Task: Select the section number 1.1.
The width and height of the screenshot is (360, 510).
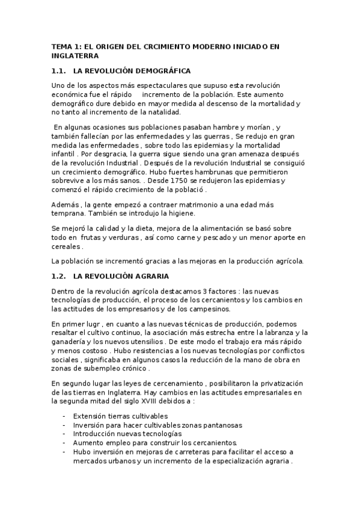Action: click(60, 71)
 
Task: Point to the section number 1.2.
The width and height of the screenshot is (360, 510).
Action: click(60, 276)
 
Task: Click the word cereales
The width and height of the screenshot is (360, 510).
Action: click(66, 247)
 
